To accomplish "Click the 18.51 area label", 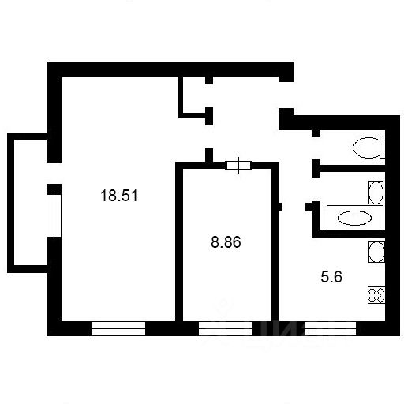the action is click(119, 196).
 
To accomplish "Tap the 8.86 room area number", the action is click(226, 242).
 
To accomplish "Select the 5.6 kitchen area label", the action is click(331, 277).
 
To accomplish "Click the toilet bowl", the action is click(366, 148).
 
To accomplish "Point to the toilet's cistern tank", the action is click(383, 148).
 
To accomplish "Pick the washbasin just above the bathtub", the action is click(376, 193).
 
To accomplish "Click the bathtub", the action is click(355, 218).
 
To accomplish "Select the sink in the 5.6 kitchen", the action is click(376, 252).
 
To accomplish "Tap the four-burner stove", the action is click(376, 295).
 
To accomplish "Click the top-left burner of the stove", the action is click(372, 291).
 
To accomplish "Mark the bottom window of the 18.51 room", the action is click(119, 328).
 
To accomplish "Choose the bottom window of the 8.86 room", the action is click(226, 328).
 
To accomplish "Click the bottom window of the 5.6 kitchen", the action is click(330, 328).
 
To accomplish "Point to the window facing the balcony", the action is click(54, 215).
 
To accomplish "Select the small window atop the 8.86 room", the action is click(239, 165).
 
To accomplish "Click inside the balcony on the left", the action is click(30, 203).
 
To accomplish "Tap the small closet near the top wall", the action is click(194, 95).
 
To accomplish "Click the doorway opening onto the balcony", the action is click(54, 173).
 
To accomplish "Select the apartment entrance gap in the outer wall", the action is click(286, 95).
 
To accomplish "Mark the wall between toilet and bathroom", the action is click(349, 168).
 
